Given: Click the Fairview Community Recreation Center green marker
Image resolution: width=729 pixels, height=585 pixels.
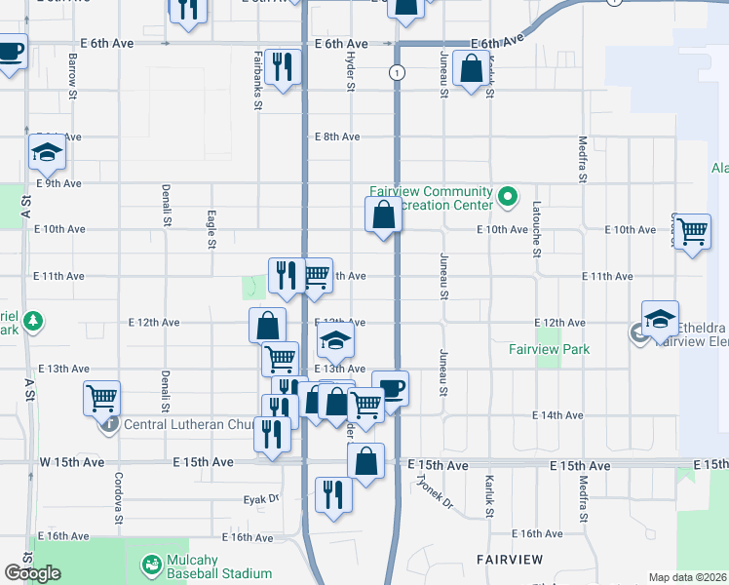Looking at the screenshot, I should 507,197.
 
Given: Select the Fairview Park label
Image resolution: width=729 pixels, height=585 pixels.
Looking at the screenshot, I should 550,349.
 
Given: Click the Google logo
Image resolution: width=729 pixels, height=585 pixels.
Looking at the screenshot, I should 32,573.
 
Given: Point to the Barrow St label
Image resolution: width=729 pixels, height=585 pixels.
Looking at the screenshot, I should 73,74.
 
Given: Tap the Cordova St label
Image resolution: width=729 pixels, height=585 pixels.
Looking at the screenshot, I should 117,494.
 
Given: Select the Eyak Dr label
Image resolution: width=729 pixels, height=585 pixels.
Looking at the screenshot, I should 261,499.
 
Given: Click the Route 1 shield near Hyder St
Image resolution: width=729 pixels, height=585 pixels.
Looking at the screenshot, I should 396,73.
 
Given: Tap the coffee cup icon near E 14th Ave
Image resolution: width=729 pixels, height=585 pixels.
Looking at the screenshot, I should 390,389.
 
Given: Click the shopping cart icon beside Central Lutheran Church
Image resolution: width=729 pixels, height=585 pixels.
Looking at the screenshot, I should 101,398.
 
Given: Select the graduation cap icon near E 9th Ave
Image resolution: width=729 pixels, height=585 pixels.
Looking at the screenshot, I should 46,152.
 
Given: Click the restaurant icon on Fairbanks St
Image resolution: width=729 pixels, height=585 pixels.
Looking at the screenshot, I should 283,67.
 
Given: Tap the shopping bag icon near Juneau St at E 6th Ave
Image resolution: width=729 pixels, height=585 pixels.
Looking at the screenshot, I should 471,69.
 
